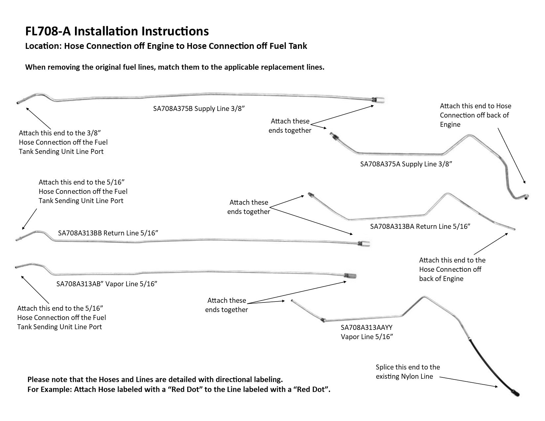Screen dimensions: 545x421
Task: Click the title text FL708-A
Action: pyautogui.click(x=48, y=31)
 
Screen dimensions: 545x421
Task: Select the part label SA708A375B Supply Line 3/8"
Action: pyautogui.click(x=199, y=109)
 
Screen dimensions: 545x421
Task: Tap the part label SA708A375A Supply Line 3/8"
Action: pyautogui.click(x=406, y=164)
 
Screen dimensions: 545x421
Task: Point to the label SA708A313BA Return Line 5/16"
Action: pyautogui.click(x=420, y=227)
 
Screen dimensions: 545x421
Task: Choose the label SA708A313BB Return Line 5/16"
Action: pyautogui.click(x=108, y=233)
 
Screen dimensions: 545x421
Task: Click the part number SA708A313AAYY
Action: pyautogui.click(x=366, y=328)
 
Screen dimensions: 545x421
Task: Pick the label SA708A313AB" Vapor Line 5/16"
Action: pyautogui.click(x=107, y=284)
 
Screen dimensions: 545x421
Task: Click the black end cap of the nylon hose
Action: pyautogui.click(x=516, y=393)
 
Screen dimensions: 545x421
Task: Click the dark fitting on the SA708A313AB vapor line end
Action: pyautogui.click(x=350, y=276)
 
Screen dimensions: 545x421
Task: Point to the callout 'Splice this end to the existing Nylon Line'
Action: pyautogui.click(x=408, y=371)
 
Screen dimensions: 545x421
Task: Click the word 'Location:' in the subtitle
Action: pyautogui.click(x=43, y=46)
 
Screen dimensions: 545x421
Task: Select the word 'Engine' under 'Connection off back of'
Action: pyautogui.click(x=450, y=124)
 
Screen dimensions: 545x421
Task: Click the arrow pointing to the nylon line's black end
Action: pyautogui.click(x=468, y=382)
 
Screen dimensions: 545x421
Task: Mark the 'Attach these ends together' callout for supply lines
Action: pyautogui.click(x=290, y=126)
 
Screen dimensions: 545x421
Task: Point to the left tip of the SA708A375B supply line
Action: pyautogui.click(x=17, y=103)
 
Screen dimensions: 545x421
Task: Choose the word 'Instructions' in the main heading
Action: pyautogui.click(x=175, y=31)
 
